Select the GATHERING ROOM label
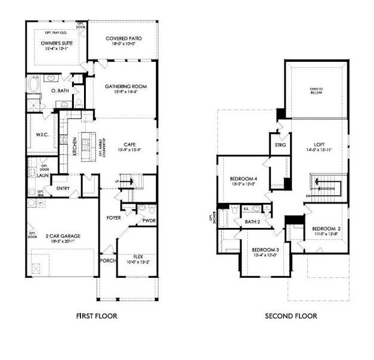[125, 86]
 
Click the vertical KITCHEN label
[74, 146]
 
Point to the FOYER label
[115, 217]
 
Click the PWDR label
[148, 221]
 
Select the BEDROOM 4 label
[243, 179]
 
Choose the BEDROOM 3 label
[265, 250]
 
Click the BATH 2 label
[253, 223]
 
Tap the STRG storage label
[280, 145]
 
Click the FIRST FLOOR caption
[97, 316]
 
